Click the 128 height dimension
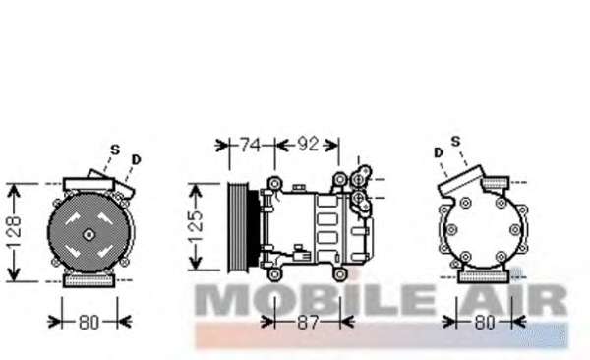tap(15, 232)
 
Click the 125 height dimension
tap(196, 226)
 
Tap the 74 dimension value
tap(250, 145)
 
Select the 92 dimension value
tap(308, 144)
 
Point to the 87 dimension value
tap(308, 322)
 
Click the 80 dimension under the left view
tap(89, 322)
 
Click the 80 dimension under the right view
tap(484, 322)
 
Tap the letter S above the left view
tap(115, 150)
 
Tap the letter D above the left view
tap(136, 159)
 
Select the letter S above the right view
tap(455, 142)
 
